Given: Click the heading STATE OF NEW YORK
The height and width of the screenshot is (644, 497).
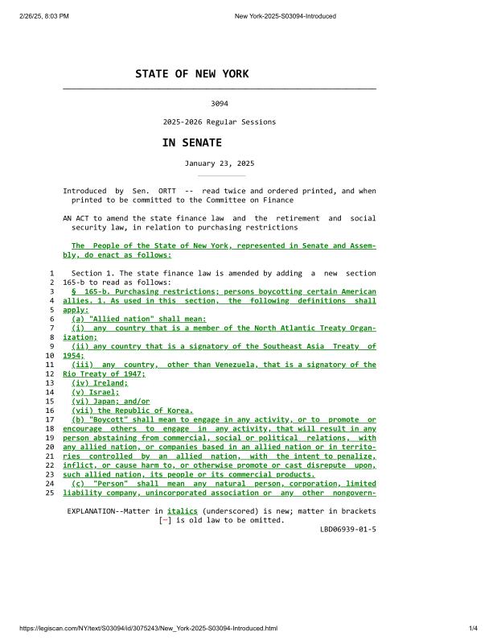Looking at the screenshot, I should coord(191,74).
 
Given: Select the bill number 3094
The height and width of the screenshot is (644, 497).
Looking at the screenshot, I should coord(219,104).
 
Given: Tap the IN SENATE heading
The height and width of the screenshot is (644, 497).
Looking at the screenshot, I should coord(191,142).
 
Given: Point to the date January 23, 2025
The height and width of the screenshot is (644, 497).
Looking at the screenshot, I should coord(219,163).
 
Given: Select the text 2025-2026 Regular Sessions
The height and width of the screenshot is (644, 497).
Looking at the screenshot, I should coord(219,122).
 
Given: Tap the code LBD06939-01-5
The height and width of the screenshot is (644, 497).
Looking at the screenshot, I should coord(347,529).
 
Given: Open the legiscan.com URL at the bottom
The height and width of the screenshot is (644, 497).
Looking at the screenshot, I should coord(146,628).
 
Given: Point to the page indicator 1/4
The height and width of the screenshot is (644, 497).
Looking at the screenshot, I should coord(473,628).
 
